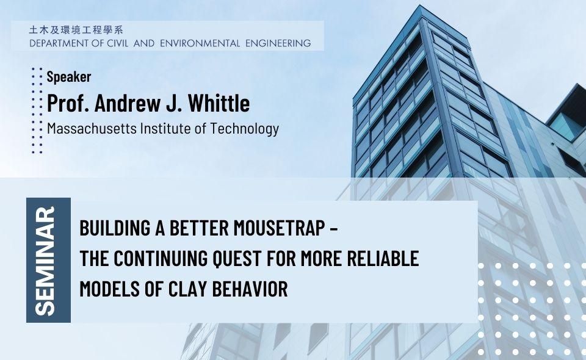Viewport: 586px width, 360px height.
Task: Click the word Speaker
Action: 69,77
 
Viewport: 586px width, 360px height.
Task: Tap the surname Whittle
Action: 219,103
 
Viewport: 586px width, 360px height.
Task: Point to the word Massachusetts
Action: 92,129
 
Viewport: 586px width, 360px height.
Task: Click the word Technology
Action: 244,129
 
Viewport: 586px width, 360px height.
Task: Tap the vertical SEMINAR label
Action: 45,261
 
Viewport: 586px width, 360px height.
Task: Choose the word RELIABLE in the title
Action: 383,259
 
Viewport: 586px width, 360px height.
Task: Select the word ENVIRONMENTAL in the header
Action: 200,43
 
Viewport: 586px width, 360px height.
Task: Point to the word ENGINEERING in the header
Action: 278,43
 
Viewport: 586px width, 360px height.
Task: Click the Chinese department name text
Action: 76,30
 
